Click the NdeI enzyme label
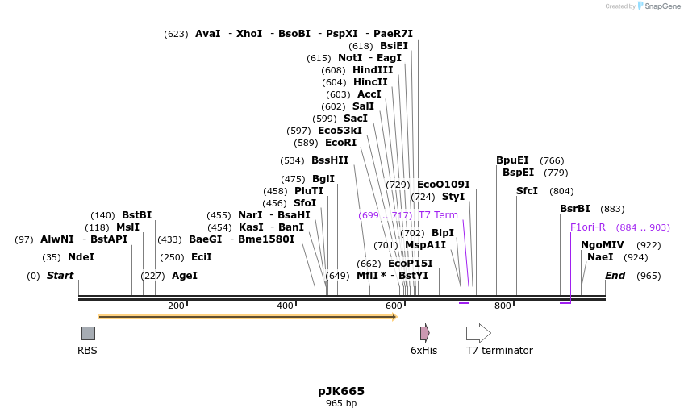[x=80, y=257]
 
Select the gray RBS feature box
[x=88, y=333]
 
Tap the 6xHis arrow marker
[x=424, y=333]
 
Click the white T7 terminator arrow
[x=478, y=333]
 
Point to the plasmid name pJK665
[x=341, y=391]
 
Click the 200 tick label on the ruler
[x=176, y=306]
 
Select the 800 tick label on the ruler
[x=503, y=306]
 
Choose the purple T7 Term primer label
[x=438, y=215]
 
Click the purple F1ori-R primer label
[x=587, y=227]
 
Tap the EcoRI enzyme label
[x=340, y=143]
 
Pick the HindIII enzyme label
[x=373, y=70]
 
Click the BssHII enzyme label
[x=330, y=160]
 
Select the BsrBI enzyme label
[x=575, y=209]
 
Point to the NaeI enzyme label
[x=600, y=257]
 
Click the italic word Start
[x=60, y=276]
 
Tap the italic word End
[x=615, y=276]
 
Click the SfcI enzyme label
[x=527, y=191]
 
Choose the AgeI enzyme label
[x=185, y=276]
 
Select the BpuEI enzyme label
[x=512, y=160]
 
